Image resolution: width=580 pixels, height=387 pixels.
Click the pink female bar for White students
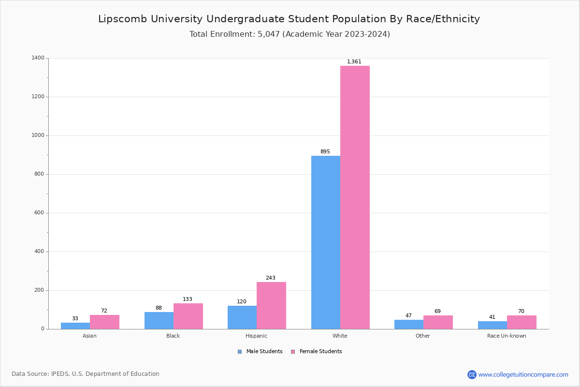(355, 197)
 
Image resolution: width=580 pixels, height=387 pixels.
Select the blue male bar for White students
(326, 242)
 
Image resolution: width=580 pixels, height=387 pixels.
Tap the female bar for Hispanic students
(271, 305)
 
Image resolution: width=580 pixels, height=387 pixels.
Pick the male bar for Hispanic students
(242, 317)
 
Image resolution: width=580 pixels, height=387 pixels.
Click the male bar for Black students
(159, 320)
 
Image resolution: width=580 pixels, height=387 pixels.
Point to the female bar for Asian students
(104, 322)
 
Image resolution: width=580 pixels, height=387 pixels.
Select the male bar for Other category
(409, 324)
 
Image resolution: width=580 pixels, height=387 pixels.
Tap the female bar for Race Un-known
(522, 322)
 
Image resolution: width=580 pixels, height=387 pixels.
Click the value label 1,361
(354, 61)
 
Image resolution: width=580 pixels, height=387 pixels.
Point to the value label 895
(325, 151)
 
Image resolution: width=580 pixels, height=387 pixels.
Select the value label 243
(271, 278)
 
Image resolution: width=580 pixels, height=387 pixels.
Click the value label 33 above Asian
(75, 318)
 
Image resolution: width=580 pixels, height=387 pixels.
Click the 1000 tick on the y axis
(38, 135)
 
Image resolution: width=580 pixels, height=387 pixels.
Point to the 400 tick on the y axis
(39, 252)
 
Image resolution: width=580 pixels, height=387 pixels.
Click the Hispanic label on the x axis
(256, 336)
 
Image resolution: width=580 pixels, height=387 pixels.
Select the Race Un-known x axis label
(507, 336)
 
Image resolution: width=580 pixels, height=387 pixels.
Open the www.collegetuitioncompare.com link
(523, 374)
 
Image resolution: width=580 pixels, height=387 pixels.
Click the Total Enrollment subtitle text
(290, 34)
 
